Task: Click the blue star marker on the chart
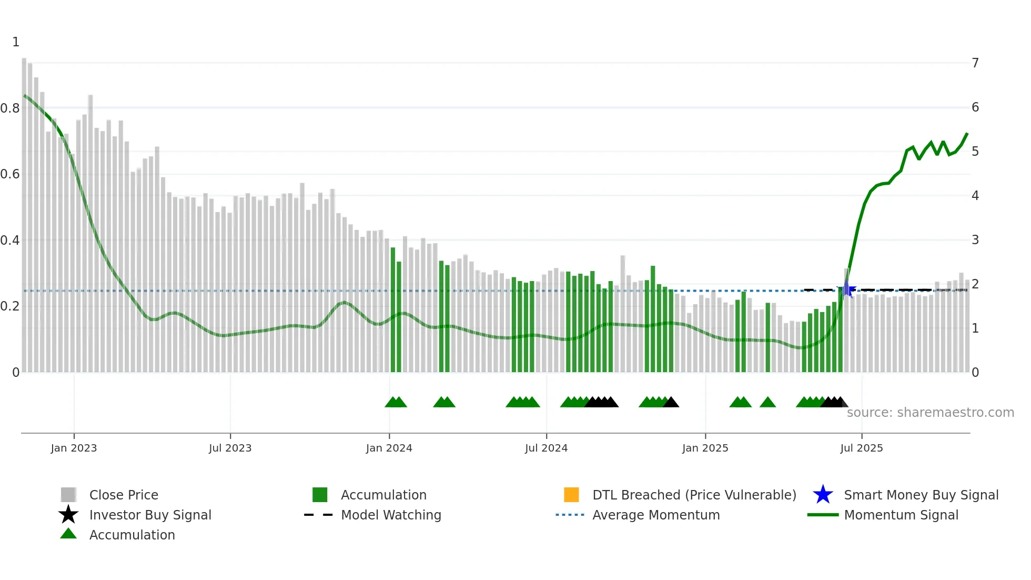[x=846, y=289]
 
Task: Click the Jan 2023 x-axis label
[x=74, y=448]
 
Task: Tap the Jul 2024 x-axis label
[x=546, y=448]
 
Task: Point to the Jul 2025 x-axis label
[x=861, y=448]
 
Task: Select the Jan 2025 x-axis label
[x=705, y=448]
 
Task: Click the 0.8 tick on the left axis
[x=11, y=108]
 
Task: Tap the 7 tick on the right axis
[x=975, y=63]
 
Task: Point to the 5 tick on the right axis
[x=975, y=152]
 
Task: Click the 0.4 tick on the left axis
[x=11, y=241]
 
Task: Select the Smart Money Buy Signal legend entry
[x=921, y=495]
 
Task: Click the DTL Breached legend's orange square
[x=571, y=495]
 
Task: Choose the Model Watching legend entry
[x=391, y=515]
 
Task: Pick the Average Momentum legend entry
[x=656, y=515]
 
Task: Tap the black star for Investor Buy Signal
[x=68, y=515]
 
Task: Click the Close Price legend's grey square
[x=68, y=495]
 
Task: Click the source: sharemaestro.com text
[x=930, y=412]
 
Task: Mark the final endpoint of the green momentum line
[x=967, y=134]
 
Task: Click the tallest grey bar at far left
[x=24, y=211]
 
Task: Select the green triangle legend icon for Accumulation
[x=68, y=534]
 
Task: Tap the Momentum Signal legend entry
[x=901, y=515]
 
